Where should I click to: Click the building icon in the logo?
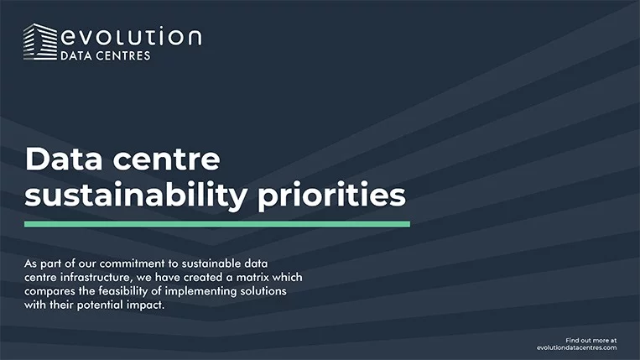40,42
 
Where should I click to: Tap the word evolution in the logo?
131,36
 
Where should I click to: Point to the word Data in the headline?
64,159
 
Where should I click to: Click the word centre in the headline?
166,159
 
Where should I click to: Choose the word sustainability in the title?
136,196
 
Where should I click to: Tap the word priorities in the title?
332,196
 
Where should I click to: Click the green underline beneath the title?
217,224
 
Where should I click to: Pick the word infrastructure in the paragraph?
95,278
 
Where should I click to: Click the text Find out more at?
591,341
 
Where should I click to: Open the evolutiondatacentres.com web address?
577,347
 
